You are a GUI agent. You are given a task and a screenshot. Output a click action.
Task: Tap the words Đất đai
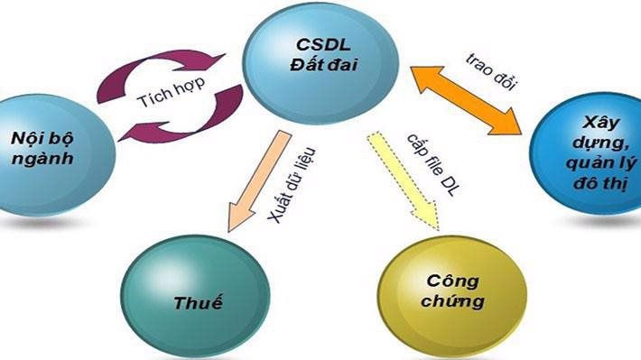click(x=321, y=69)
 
